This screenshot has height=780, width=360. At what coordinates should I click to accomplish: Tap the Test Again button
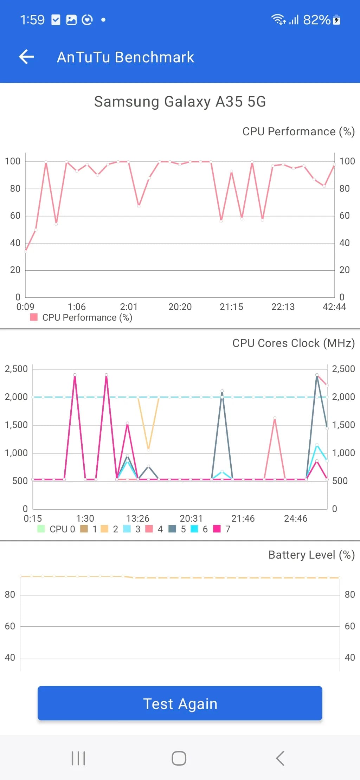[x=180, y=703]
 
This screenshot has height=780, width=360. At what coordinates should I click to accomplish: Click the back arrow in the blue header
[x=27, y=57]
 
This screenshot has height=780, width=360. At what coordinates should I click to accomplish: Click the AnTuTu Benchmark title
[x=125, y=57]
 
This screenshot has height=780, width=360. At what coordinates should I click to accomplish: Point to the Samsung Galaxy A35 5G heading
[x=180, y=102]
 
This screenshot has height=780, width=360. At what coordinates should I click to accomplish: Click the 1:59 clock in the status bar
[x=32, y=20]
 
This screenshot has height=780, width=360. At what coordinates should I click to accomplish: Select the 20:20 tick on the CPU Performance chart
[x=180, y=307]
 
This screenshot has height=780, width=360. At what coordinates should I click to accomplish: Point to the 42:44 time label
[x=334, y=307]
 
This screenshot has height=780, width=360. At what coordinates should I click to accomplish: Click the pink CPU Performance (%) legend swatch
[x=34, y=317]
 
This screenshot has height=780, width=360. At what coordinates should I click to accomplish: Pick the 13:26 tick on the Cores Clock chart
[x=138, y=518]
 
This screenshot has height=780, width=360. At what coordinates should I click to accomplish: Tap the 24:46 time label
[x=295, y=518]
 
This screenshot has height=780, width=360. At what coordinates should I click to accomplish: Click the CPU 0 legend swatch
[x=41, y=529]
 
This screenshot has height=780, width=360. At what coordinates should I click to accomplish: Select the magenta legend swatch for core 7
[x=217, y=529]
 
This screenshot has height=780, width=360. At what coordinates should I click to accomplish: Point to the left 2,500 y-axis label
[x=16, y=369]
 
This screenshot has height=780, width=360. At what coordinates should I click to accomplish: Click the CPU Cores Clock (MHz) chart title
[x=293, y=343]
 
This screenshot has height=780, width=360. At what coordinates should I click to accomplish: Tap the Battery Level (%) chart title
[x=311, y=555]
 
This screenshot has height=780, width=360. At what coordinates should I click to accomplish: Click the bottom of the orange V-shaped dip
[x=148, y=449]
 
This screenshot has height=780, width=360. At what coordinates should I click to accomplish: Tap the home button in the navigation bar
[x=179, y=758]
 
